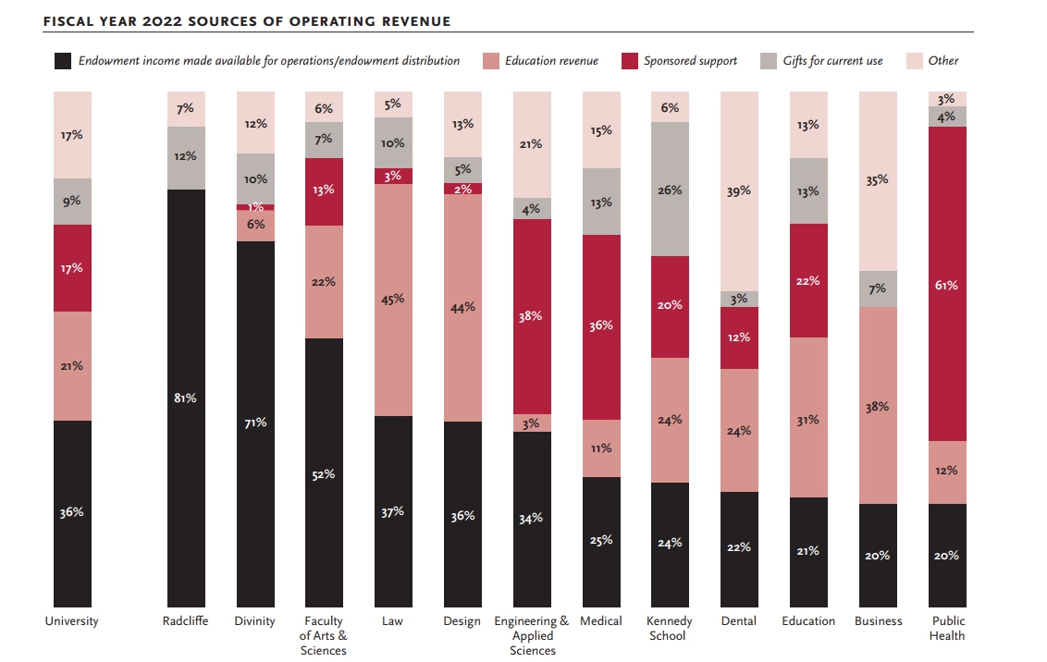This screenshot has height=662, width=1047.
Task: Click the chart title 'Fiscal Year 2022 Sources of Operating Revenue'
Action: click(x=247, y=21)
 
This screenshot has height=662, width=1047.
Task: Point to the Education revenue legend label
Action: click(x=550, y=61)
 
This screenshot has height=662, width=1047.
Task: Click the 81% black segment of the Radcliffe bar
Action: click(x=186, y=398)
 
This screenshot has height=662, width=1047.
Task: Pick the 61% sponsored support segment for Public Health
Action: click(x=947, y=284)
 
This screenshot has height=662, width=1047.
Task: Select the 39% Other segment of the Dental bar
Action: click(x=739, y=191)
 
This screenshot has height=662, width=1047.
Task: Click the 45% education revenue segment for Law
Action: click(x=393, y=300)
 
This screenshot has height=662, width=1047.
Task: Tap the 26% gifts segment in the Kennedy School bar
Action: click(x=670, y=190)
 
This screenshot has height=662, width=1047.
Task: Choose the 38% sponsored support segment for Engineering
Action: click(x=532, y=316)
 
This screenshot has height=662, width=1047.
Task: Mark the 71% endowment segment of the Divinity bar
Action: click(x=255, y=423)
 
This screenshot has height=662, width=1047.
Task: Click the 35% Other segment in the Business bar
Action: click(x=878, y=181)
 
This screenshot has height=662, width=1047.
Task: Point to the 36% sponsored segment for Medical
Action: click(x=601, y=326)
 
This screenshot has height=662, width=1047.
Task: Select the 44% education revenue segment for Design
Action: click(x=462, y=307)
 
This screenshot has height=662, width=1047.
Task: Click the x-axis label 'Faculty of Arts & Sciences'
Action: click(x=324, y=635)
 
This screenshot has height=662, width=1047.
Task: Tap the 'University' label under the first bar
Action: click(x=71, y=621)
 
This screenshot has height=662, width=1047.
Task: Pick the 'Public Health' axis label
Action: click(x=947, y=628)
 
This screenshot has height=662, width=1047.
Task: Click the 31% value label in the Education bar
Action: click(x=808, y=419)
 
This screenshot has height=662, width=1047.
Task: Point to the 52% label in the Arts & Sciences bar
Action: click(x=324, y=474)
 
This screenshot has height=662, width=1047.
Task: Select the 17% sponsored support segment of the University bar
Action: click(x=72, y=268)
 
